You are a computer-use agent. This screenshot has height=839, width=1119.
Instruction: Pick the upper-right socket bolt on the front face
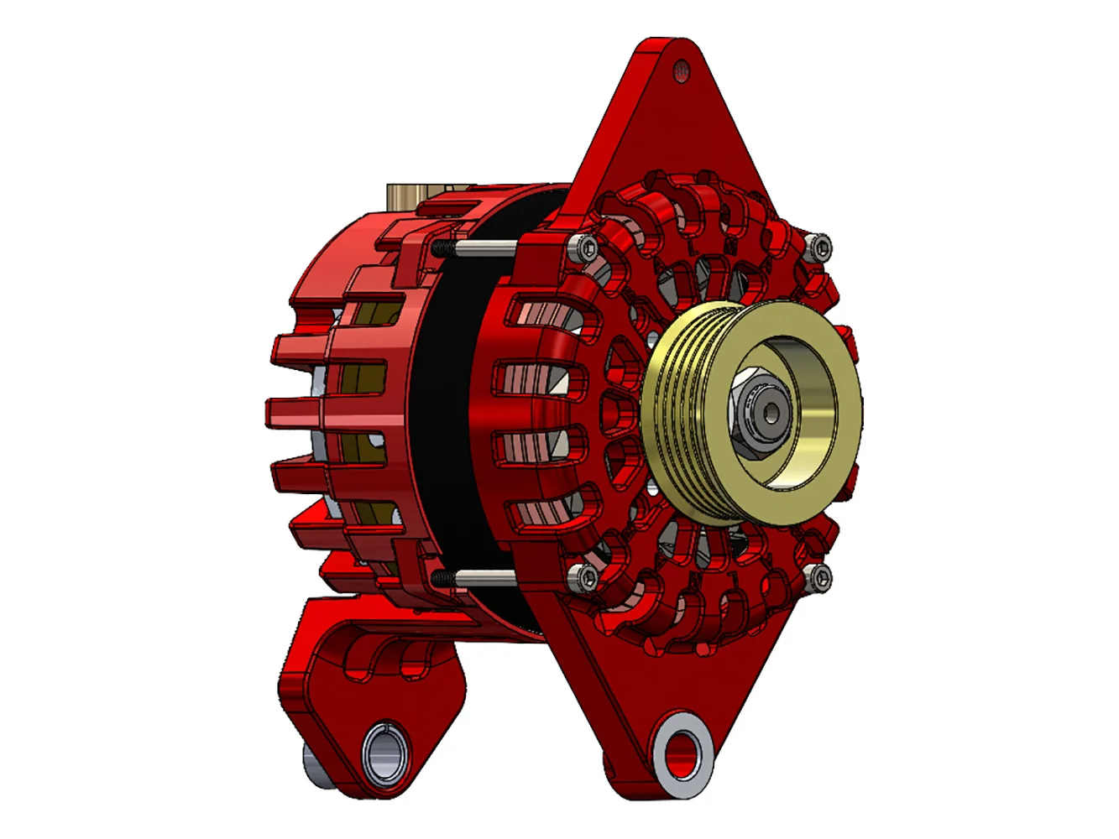(819, 246)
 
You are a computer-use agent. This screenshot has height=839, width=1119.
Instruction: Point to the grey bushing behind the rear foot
(315, 768)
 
